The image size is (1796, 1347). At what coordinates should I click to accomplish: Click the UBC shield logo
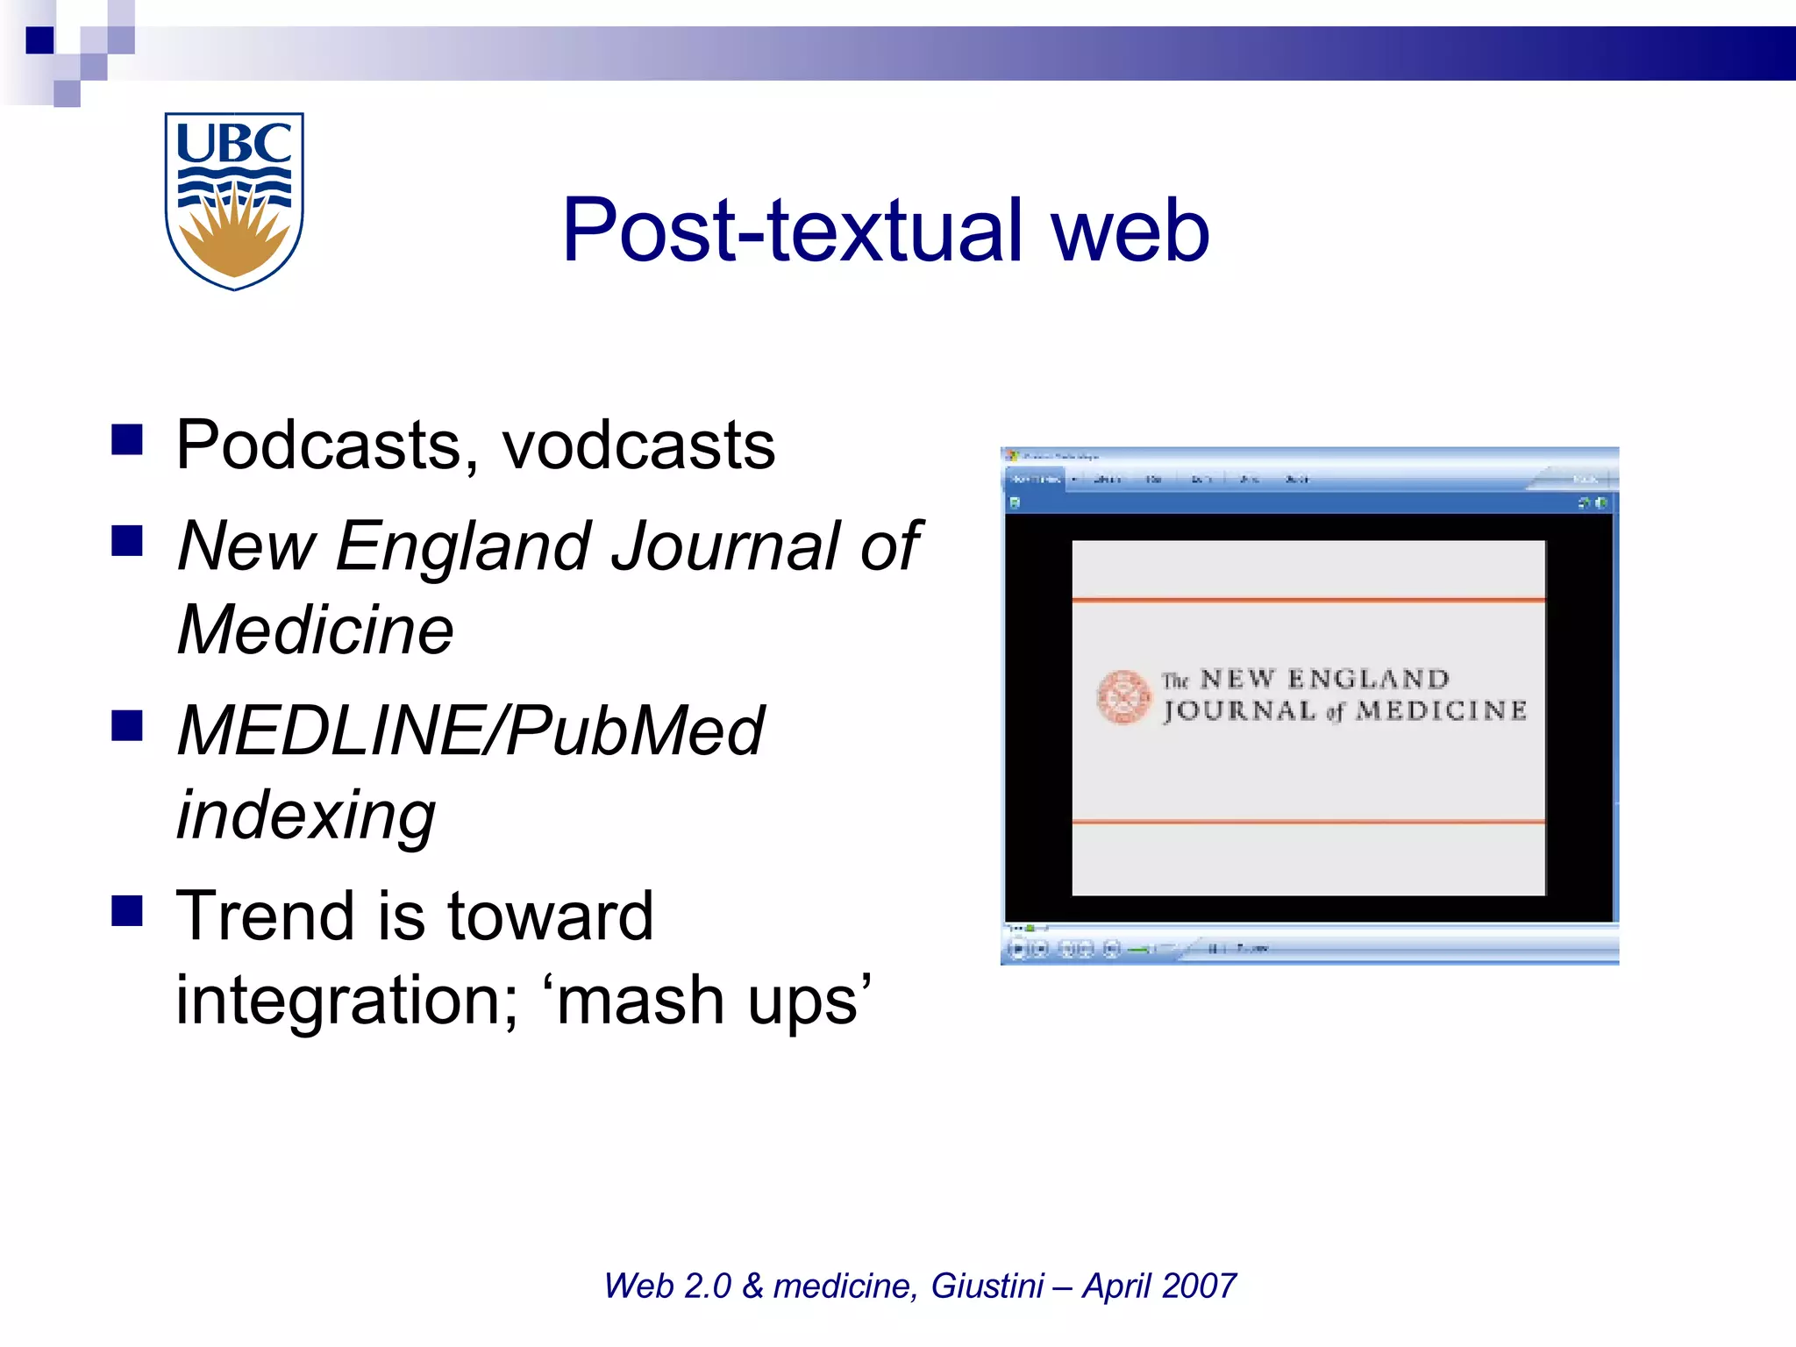coord(234,200)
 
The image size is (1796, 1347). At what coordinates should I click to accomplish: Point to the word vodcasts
coord(638,445)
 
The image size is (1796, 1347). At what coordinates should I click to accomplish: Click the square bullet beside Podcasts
coord(127,439)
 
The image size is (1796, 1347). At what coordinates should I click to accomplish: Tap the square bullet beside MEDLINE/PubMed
coord(127,725)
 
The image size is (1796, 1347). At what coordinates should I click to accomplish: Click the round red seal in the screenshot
coord(1123,697)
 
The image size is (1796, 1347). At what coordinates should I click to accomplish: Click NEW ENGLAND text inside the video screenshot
coord(1324,679)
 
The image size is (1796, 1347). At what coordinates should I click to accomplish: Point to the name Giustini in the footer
coord(987,1286)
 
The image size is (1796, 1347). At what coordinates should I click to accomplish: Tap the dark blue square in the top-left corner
coord(39,40)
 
